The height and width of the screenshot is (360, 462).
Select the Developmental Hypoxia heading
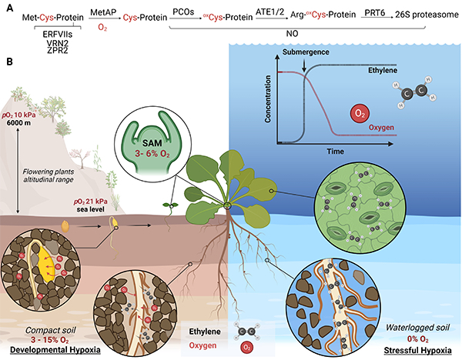[x=45, y=350]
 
